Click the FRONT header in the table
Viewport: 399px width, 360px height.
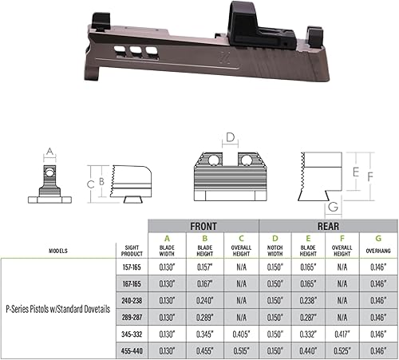[205, 225]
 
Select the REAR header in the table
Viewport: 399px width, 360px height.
[327, 225]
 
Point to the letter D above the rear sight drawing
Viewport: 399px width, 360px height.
[231, 138]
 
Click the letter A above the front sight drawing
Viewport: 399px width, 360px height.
[49, 151]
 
